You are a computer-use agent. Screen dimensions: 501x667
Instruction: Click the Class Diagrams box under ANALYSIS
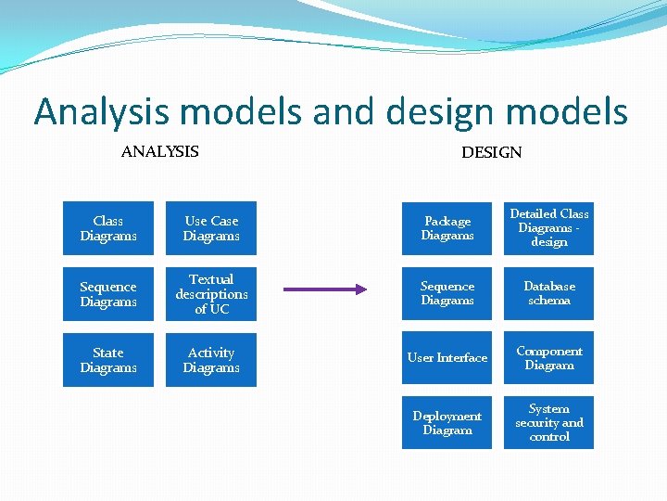(x=108, y=228)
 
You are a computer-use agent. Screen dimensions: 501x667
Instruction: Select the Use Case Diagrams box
(x=211, y=228)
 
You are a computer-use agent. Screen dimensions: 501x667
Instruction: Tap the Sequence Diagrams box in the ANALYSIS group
(x=108, y=294)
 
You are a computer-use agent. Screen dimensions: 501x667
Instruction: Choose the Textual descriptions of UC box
(x=211, y=294)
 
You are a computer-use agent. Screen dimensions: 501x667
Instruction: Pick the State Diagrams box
(x=108, y=360)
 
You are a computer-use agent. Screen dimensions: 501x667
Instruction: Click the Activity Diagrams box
(x=211, y=360)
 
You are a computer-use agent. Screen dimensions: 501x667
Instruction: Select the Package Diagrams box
(x=447, y=228)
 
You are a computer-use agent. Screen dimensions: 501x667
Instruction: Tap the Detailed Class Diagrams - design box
(x=549, y=228)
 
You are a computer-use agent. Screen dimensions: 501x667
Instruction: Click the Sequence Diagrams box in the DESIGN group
(x=447, y=293)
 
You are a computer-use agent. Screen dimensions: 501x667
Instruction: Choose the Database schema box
(x=549, y=293)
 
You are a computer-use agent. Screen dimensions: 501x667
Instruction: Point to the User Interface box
(x=447, y=358)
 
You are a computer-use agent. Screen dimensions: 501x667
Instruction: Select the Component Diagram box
(x=549, y=358)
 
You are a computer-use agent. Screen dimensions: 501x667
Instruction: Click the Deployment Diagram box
(x=447, y=423)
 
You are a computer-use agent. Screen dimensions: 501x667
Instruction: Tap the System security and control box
(x=549, y=423)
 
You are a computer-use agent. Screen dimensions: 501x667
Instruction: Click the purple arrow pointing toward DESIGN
(x=324, y=289)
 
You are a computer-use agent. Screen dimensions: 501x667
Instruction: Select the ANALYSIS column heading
(x=159, y=151)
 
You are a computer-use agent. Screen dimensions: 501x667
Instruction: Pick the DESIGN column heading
(x=491, y=152)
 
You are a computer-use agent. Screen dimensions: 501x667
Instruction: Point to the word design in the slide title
(x=441, y=113)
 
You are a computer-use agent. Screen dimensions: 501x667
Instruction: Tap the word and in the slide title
(x=346, y=113)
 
